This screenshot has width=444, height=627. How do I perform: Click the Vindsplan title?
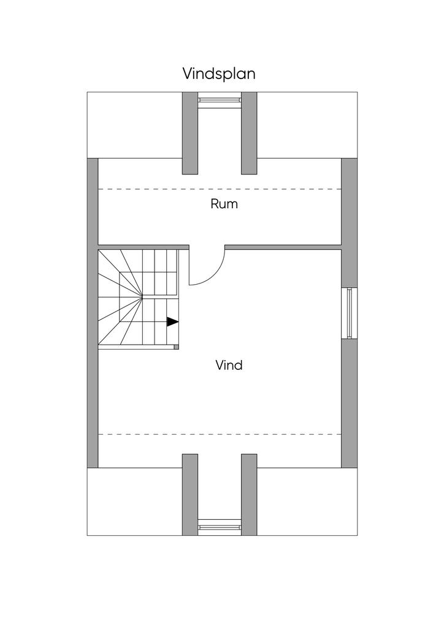tap(219, 73)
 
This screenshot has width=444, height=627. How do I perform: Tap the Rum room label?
tap(224, 204)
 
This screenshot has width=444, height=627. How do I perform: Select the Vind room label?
tap(229, 366)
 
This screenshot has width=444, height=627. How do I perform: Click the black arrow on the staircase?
tap(172, 321)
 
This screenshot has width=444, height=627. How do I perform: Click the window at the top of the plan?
tap(219, 99)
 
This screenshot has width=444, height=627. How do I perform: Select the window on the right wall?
tap(349, 312)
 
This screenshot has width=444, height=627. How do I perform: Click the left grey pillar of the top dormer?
tap(190, 133)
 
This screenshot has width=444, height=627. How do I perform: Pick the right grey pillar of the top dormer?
tap(248, 133)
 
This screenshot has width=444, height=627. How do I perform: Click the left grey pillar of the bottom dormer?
tap(190, 494)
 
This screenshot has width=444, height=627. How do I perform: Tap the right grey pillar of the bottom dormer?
tap(248, 494)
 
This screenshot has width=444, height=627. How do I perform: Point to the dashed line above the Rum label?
tap(220, 189)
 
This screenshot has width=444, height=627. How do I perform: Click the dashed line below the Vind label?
tap(220, 434)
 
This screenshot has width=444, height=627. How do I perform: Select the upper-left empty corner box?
tap(134, 125)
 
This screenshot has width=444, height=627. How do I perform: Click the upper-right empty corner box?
tap(307, 125)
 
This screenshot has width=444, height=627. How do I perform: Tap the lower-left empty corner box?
tap(134, 501)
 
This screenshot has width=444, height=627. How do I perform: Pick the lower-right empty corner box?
tap(307, 501)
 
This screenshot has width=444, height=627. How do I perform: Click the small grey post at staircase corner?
tap(177, 347)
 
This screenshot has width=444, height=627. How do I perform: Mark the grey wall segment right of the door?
tap(283, 247)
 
